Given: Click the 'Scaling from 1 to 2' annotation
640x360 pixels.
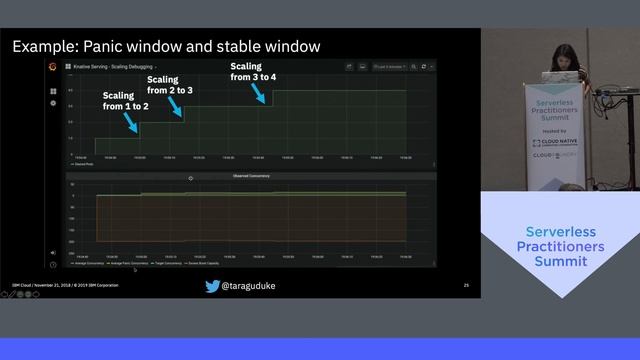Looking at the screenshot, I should (125, 100).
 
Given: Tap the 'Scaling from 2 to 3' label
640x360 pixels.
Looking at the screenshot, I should (170, 84).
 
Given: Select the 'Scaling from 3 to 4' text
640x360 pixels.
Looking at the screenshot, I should (253, 71).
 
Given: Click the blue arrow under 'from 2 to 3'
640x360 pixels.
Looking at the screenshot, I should (177, 105).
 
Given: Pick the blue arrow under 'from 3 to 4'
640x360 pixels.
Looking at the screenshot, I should (261, 93).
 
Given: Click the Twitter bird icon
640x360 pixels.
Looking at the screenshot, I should (212, 286).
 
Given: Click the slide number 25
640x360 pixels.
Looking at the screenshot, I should (466, 286).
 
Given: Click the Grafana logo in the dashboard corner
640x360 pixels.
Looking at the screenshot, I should (53, 67).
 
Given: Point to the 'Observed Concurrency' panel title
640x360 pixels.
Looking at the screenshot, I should (252, 176).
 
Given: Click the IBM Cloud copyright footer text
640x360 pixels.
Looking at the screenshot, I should (65, 286).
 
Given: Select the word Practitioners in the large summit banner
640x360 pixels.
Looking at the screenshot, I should (560, 246).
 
